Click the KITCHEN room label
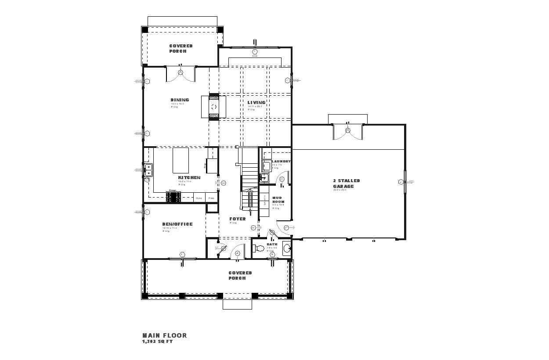[x=189, y=178]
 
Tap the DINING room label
[x=180, y=100]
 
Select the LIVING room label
[x=256, y=103]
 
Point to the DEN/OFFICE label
[x=177, y=224]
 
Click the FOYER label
[x=238, y=219]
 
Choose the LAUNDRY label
[x=281, y=162]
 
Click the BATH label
[x=272, y=245]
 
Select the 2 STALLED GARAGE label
[x=346, y=184]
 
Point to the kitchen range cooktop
[x=173, y=198]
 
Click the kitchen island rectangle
[x=181, y=161]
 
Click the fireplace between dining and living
[x=214, y=107]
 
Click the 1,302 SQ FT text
[x=157, y=342]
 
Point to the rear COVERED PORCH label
[x=181, y=48]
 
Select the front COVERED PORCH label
[x=240, y=275]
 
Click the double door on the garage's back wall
[x=348, y=130]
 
